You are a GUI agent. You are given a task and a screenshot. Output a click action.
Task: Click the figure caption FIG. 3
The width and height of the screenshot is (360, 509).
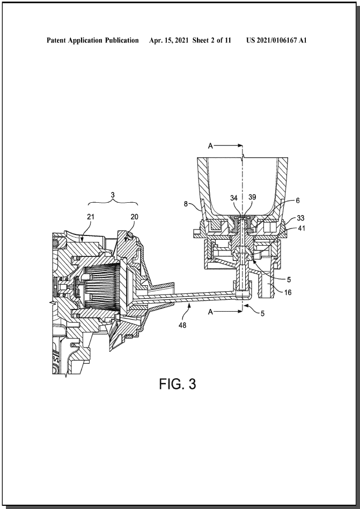(x=178, y=384)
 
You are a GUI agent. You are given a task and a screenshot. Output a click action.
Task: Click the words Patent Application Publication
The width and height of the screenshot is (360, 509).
(x=92, y=40)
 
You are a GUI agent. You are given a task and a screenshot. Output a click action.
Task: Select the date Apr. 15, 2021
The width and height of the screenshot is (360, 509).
(x=169, y=40)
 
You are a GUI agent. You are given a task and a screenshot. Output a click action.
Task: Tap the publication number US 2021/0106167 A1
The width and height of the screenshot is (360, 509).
(x=276, y=40)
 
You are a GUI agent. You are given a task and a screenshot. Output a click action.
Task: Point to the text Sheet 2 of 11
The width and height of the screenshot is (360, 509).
(x=211, y=40)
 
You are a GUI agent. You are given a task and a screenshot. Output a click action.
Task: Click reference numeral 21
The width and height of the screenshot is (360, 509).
(x=91, y=217)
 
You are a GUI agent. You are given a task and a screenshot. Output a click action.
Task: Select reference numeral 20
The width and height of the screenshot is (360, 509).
(x=134, y=217)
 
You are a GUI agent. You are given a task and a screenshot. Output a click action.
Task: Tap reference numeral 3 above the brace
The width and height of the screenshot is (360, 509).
(x=113, y=195)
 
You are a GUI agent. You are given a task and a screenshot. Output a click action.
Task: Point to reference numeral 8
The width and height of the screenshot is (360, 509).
(x=186, y=204)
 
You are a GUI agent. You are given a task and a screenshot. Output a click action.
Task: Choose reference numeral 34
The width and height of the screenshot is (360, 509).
(x=234, y=198)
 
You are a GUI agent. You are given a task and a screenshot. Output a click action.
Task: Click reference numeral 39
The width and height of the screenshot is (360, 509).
(x=252, y=197)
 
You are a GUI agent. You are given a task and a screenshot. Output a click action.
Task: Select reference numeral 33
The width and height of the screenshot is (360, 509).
(x=300, y=218)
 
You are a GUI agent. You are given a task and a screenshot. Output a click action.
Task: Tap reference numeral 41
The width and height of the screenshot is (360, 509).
(x=302, y=228)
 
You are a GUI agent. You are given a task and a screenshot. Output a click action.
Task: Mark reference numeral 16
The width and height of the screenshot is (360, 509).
(x=288, y=292)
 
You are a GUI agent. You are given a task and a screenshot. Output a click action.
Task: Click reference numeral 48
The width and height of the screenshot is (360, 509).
(x=182, y=325)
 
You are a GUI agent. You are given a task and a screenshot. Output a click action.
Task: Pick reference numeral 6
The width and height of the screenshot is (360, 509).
(x=297, y=201)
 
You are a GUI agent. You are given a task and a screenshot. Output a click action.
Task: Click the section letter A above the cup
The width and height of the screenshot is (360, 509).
(x=210, y=146)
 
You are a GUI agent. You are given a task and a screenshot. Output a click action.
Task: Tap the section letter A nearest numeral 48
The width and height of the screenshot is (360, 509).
(x=210, y=312)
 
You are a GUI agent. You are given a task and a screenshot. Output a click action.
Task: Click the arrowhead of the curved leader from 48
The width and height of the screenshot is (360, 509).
(x=189, y=303)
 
